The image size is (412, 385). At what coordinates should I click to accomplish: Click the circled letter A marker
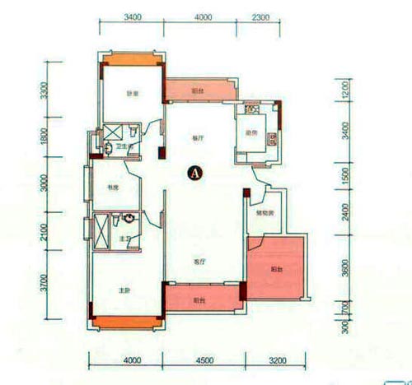coord(195,172)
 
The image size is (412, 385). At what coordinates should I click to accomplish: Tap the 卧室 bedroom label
coord(131,93)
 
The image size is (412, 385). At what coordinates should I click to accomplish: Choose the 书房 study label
coord(113,188)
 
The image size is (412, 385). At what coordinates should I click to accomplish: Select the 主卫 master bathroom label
coord(124,239)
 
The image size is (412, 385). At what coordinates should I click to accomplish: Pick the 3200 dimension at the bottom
coord(276,359)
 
